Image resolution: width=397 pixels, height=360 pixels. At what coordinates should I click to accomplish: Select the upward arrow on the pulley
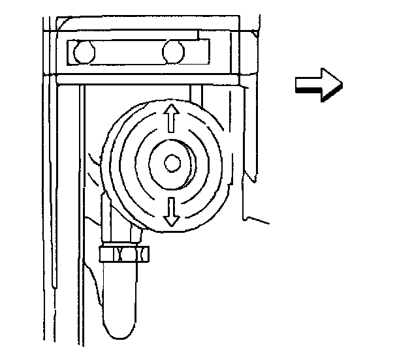click(x=171, y=119)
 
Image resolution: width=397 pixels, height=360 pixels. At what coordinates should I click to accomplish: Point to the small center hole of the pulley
click(x=172, y=164)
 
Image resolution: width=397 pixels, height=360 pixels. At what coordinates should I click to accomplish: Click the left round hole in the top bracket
click(x=83, y=52)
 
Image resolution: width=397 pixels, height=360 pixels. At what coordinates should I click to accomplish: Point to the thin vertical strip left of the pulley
click(x=81, y=196)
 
